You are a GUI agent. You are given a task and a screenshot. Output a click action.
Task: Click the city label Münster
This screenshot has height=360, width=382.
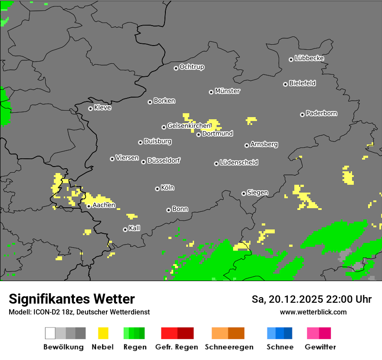227,91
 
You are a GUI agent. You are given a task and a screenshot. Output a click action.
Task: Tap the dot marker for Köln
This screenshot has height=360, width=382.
157,189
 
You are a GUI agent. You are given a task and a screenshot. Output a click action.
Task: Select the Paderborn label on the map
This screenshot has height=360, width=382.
321,113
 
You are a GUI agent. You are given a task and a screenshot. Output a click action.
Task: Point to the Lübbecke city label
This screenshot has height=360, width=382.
309,58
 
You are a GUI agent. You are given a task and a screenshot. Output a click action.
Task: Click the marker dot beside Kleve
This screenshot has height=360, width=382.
90,108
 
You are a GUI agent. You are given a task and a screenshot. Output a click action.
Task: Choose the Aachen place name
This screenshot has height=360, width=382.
104,205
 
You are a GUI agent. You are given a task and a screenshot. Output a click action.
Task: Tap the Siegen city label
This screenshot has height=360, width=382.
257,193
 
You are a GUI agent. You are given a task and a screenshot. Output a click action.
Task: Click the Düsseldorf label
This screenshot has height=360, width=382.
164,160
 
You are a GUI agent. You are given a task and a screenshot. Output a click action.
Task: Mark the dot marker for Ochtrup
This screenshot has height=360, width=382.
176,68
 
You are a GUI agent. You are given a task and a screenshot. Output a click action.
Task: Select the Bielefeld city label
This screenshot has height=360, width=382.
302,83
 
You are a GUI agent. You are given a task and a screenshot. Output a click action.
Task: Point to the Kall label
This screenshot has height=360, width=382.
135,228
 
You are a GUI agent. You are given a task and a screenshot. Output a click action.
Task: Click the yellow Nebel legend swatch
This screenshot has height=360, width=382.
103,333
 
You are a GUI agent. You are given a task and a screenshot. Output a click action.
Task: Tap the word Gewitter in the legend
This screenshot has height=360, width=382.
320,347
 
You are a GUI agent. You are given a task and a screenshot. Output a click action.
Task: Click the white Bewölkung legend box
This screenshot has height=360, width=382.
50,333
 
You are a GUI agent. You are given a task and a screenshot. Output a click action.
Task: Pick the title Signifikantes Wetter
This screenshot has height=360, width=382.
72,299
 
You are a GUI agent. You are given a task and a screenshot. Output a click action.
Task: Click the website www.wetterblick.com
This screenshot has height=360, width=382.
313,312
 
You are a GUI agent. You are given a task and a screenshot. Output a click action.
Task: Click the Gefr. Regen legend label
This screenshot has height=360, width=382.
177,347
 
